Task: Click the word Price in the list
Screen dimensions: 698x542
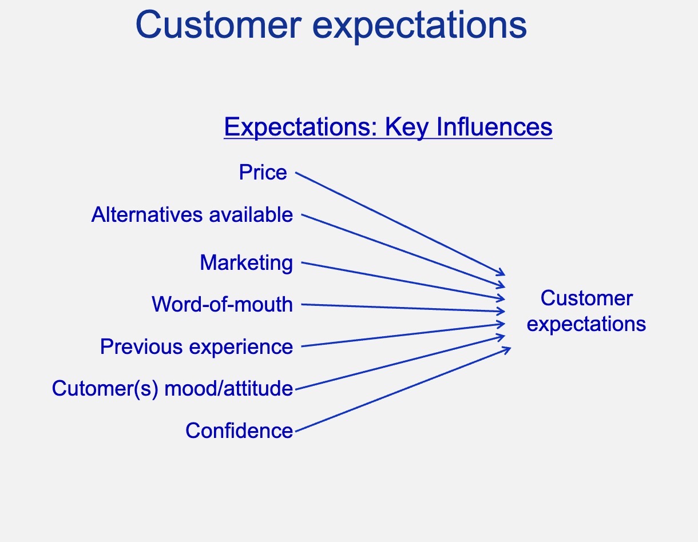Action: tap(263, 172)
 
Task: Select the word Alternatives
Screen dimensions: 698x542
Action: tap(147, 214)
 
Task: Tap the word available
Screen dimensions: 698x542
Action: tap(251, 214)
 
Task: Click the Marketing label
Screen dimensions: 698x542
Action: tap(247, 263)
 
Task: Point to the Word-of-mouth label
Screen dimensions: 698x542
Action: tap(223, 304)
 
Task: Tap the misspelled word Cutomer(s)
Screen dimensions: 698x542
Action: tap(105, 389)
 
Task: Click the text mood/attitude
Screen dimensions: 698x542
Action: tap(229, 388)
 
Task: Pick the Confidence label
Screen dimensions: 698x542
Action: tap(239, 431)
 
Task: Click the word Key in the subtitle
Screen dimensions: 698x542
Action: tap(407, 127)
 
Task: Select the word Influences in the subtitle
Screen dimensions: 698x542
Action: tap(494, 127)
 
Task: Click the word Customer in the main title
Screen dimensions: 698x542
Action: tap(219, 25)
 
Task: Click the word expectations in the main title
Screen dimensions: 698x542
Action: tap(419, 27)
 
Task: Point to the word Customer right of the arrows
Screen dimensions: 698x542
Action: tap(586, 298)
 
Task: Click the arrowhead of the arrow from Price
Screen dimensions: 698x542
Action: tap(501, 272)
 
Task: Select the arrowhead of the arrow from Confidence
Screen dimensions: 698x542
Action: tap(506, 349)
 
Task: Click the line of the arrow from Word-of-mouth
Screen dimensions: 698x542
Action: tap(403, 308)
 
